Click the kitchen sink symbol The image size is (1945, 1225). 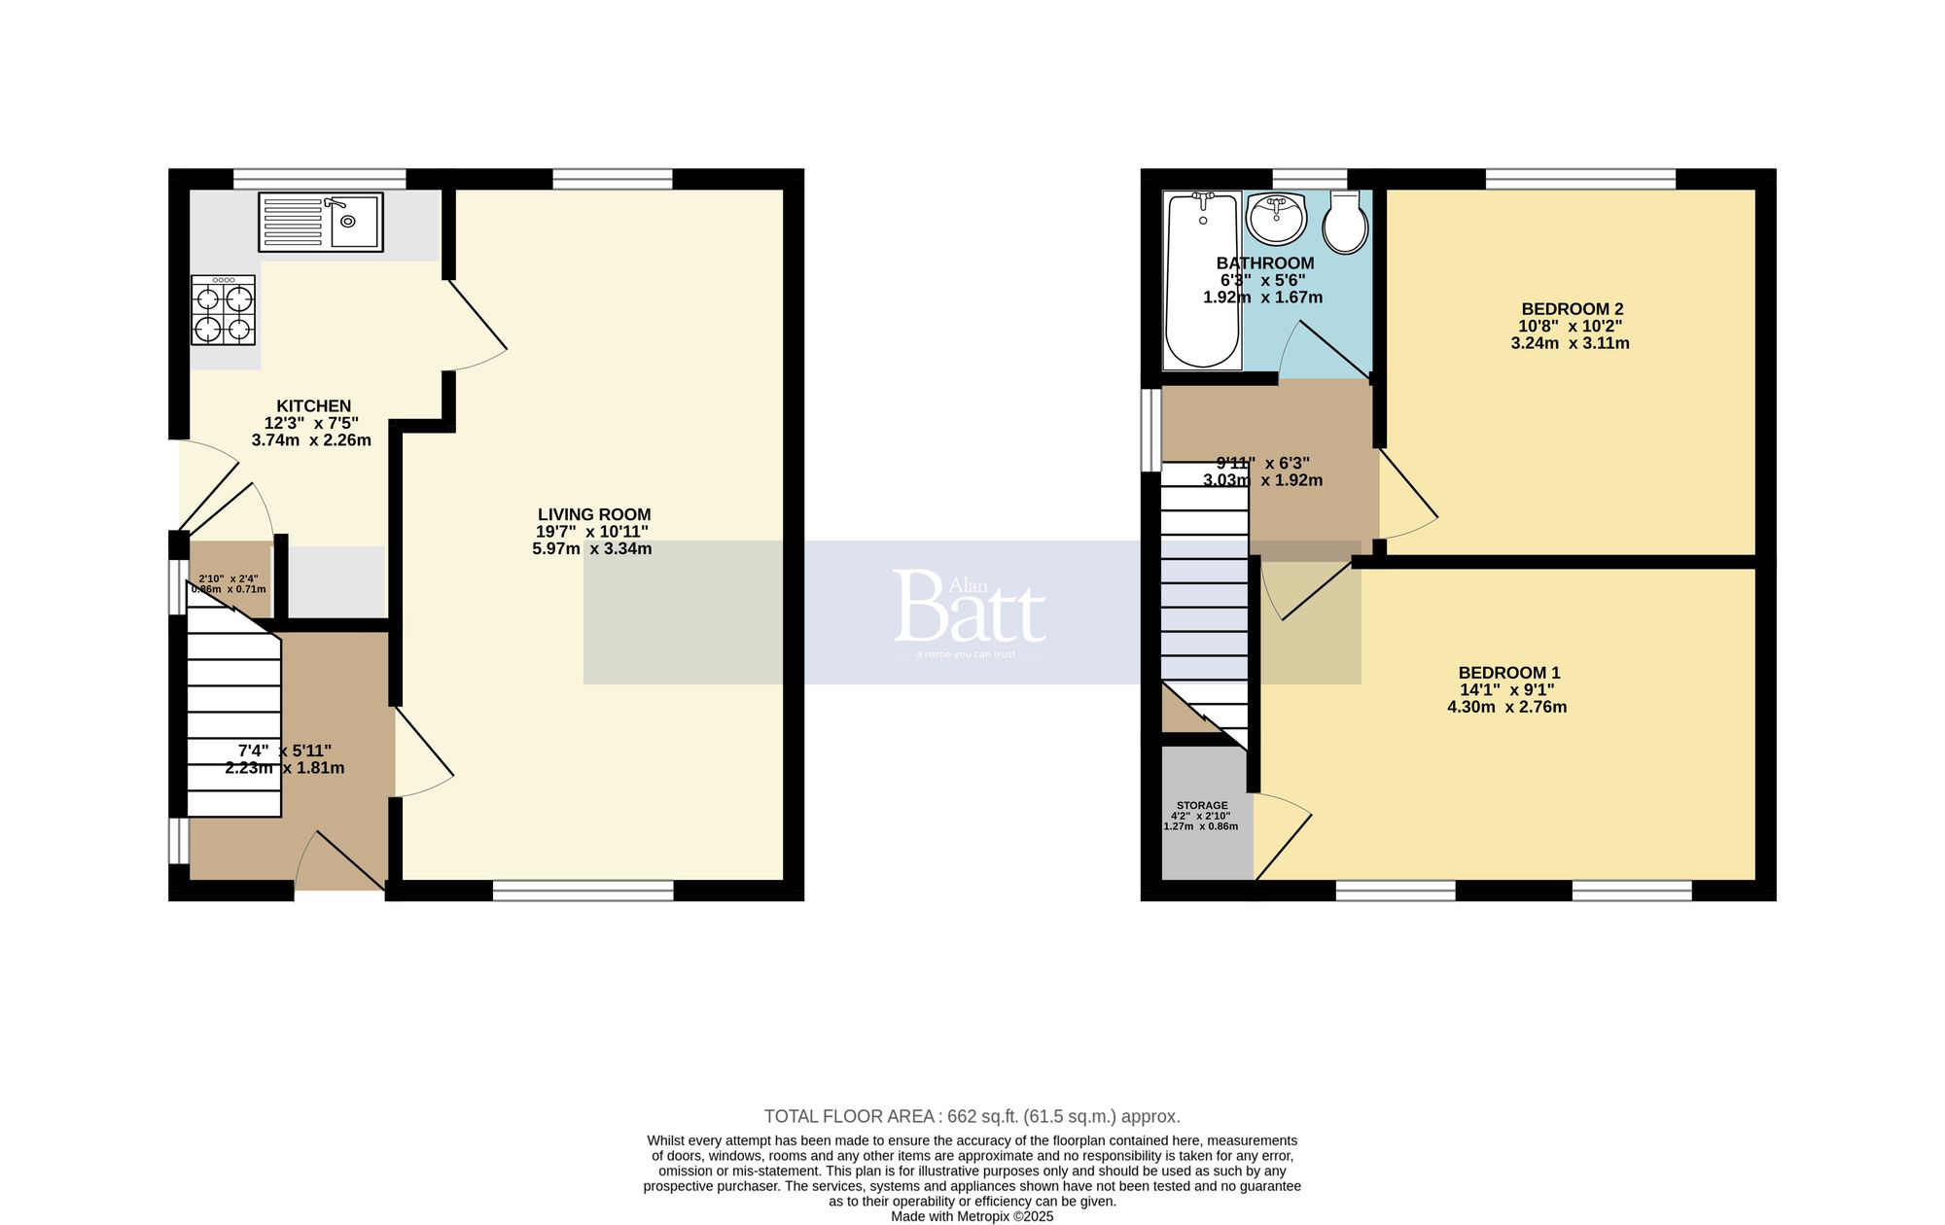pyautogui.click(x=321, y=222)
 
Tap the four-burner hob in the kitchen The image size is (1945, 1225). pyautogui.click(x=224, y=310)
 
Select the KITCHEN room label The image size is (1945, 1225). pyautogui.click(x=313, y=406)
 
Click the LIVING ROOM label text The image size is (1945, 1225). pyautogui.click(x=594, y=514)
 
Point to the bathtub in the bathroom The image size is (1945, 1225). pyautogui.click(x=1203, y=280)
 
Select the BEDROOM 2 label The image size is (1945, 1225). pyautogui.click(x=1572, y=309)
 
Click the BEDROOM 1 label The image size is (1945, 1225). pyautogui.click(x=1508, y=673)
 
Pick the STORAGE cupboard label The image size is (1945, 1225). pyautogui.click(x=1202, y=805)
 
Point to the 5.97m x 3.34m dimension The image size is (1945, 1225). pyautogui.click(x=592, y=549)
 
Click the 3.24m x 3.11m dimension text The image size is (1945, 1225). pyautogui.click(x=1570, y=343)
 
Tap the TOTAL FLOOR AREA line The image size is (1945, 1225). pyautogui.click(x=972, y=1116)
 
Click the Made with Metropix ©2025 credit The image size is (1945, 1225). pyautogui.click(x=972, y=1216)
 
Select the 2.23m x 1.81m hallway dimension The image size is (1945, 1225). pyautogui.click(x=285, y=768)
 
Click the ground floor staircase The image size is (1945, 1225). pyautogui.click(x=233, y=719)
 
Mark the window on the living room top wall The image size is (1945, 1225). pyautogui.click(x=612, y=179)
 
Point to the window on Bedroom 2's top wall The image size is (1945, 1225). pyautogui.click(x=1580, y=179)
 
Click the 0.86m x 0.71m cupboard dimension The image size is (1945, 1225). pyautogui.click(x=229, y=589)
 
